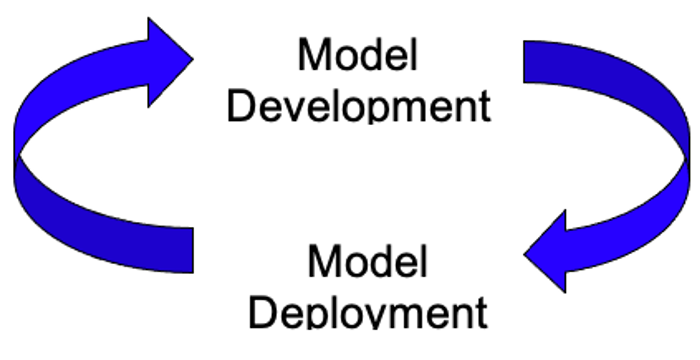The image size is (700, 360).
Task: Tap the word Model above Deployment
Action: coord(367,262)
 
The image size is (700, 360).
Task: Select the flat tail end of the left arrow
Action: coord(180,250)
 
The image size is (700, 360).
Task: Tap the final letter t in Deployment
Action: coord(481,312)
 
